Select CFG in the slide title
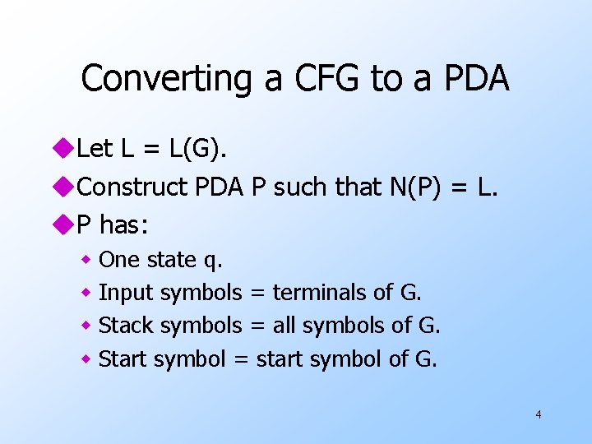coord(317,79)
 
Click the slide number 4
coord(538,414)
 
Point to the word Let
coord(95,149)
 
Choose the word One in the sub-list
coord(119,260)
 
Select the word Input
coord(126,293)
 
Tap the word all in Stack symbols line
coord(284,326)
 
